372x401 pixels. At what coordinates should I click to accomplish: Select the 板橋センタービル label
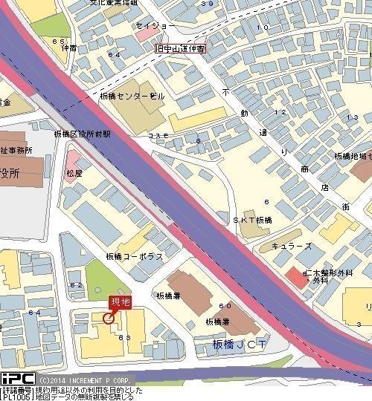(x=132, y=97)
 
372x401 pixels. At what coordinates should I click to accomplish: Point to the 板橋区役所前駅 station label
(x=82, y=134)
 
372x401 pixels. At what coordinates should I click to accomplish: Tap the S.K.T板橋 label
(x=252, y=221)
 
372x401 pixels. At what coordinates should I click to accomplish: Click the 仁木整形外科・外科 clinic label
(x=327, y=277)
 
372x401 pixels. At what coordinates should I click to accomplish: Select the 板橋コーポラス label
(x=135, y=256)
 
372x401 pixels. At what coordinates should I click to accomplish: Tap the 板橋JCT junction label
(x=239, y=345)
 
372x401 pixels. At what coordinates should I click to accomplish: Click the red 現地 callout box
(x=120, y=301)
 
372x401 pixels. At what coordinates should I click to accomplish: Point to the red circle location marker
(x=109, y=319)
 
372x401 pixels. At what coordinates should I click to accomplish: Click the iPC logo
(x=17, y=378)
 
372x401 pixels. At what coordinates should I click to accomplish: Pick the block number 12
(x=280, y=112)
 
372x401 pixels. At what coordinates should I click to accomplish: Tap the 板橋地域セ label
(x=352, y=157)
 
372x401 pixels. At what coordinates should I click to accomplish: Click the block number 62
(x=75, y=284)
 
